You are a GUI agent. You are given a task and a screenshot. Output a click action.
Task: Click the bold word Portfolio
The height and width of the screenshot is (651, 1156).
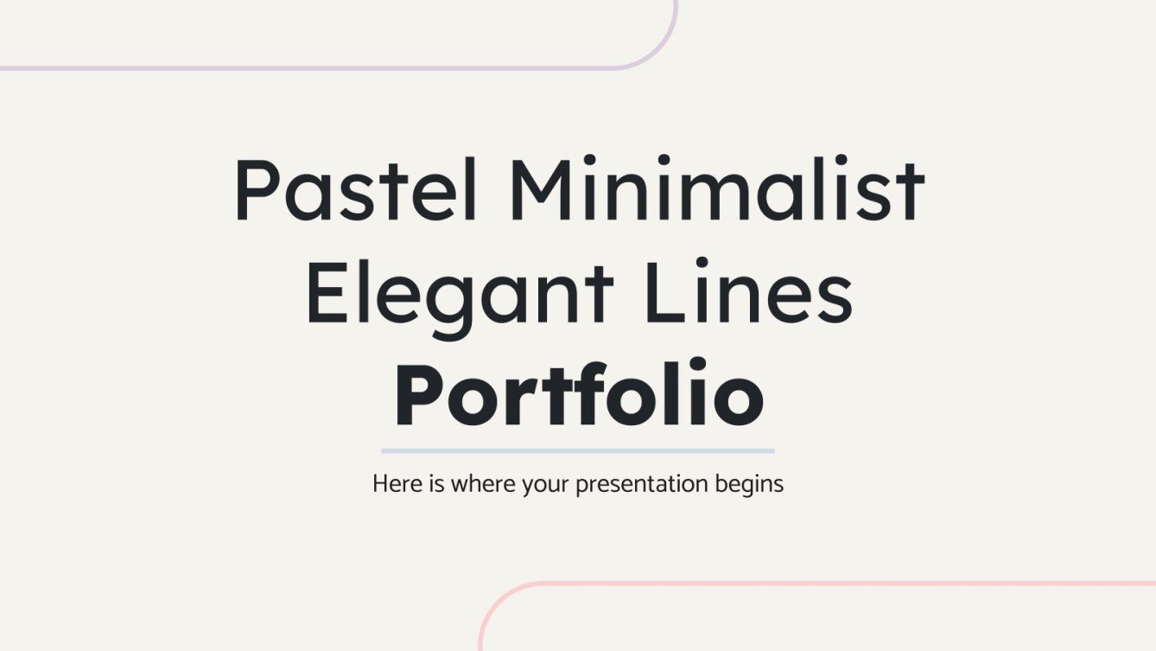tap(578, 397)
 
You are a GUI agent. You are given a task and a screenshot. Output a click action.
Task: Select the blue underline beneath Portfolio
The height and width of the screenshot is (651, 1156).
tap(578, 450)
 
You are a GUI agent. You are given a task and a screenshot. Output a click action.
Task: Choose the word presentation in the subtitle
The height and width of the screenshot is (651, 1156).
tap(642, 485)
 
